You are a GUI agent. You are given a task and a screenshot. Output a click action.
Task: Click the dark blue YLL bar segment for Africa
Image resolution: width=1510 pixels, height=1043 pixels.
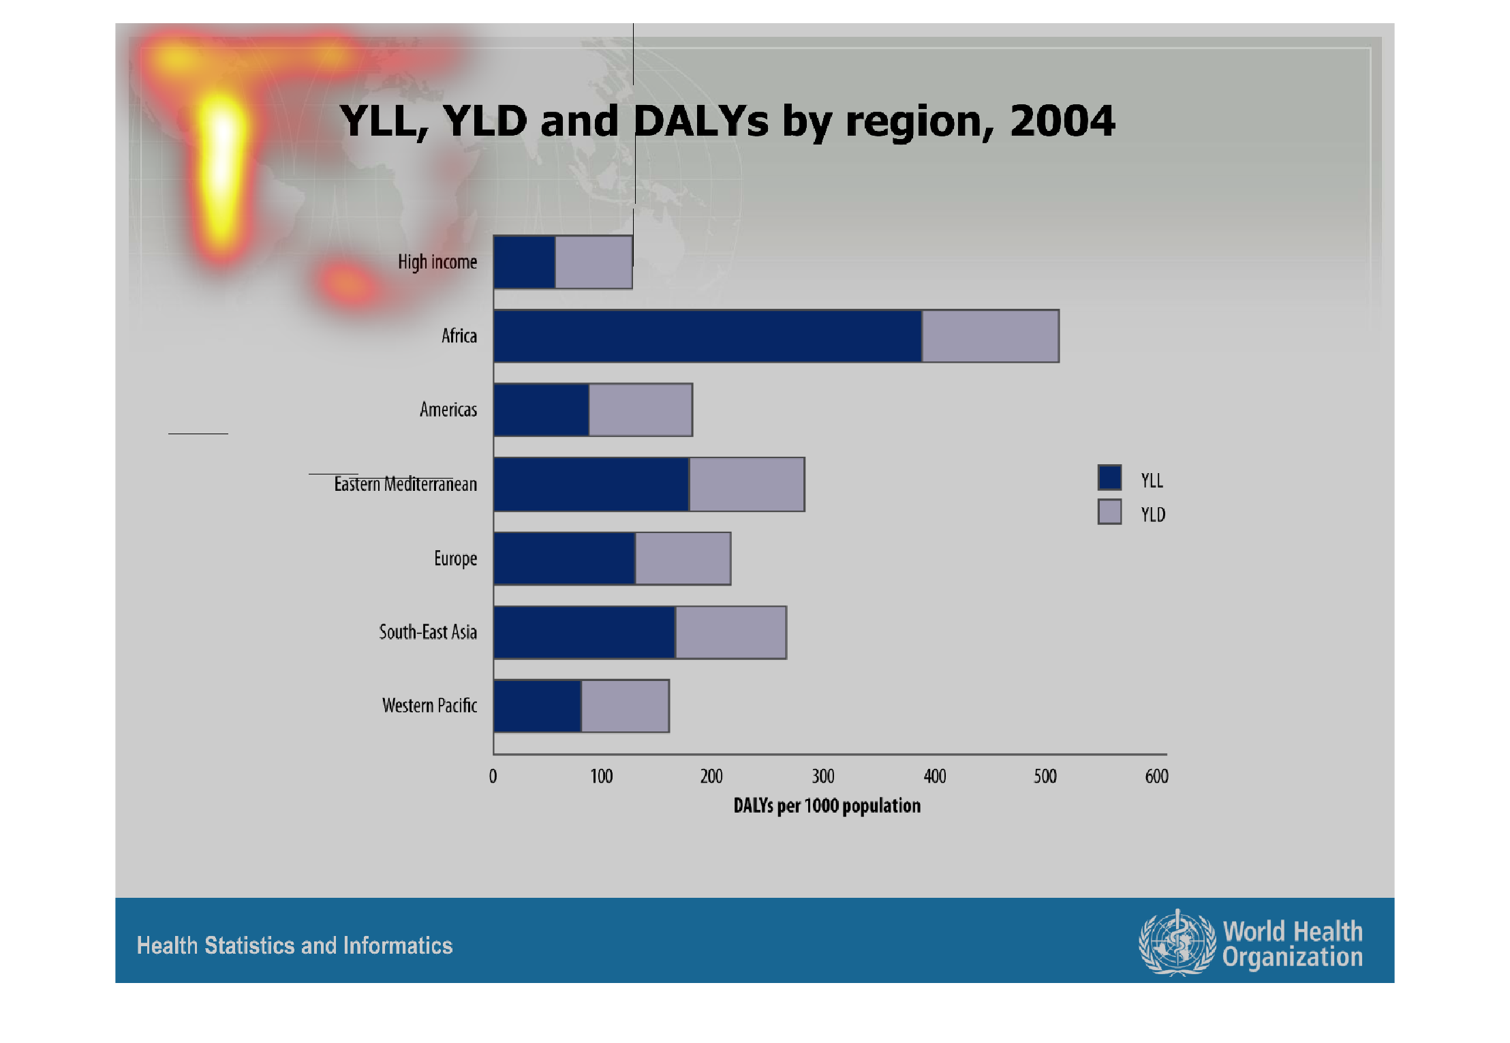point(708,336)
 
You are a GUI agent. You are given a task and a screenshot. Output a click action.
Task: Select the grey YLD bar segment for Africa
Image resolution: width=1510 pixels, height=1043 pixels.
point(991,336)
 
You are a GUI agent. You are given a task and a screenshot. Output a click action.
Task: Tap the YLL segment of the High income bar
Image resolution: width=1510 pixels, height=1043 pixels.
point(525,262)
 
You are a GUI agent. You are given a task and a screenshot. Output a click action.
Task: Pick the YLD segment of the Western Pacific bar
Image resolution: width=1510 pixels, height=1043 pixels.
point(626,706)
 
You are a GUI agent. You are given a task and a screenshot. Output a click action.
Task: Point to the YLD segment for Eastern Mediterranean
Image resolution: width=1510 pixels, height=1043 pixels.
point(747,485)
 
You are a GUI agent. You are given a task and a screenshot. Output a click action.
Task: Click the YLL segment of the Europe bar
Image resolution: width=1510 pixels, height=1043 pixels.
point(565,559)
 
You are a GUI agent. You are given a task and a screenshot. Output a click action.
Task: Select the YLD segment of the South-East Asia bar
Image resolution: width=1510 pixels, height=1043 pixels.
point(731,633)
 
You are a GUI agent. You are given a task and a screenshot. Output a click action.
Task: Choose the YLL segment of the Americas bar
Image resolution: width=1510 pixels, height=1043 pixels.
point(542,410)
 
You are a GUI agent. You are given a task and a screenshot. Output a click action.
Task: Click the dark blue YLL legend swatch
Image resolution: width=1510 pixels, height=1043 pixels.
point(1109,478)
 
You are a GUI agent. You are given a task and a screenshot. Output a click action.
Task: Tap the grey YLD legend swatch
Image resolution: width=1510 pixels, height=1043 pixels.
point(1109,512)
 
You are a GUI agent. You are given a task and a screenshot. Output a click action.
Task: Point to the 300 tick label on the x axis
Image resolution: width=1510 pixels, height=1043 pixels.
point(823,776)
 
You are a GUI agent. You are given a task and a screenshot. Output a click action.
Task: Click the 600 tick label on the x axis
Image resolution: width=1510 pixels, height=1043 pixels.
point(1156,776)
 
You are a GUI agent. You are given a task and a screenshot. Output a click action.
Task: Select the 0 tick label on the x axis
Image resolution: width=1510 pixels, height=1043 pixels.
point(493,776)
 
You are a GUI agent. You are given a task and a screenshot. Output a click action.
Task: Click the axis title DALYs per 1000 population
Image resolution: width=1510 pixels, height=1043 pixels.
point(827,806)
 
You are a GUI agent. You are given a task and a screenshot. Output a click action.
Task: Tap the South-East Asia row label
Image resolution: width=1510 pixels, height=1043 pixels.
point(428,632)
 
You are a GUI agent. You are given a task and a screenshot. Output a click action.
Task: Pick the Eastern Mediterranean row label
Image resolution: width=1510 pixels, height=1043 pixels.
point(405,484)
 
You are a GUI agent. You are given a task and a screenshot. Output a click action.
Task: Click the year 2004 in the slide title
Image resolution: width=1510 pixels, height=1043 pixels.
point(1062,121)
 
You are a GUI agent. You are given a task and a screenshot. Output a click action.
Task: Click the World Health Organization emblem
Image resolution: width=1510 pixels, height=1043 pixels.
point(1177,943)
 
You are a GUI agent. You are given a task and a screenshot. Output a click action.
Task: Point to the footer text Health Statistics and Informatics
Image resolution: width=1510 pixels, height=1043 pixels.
point(294,946)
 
